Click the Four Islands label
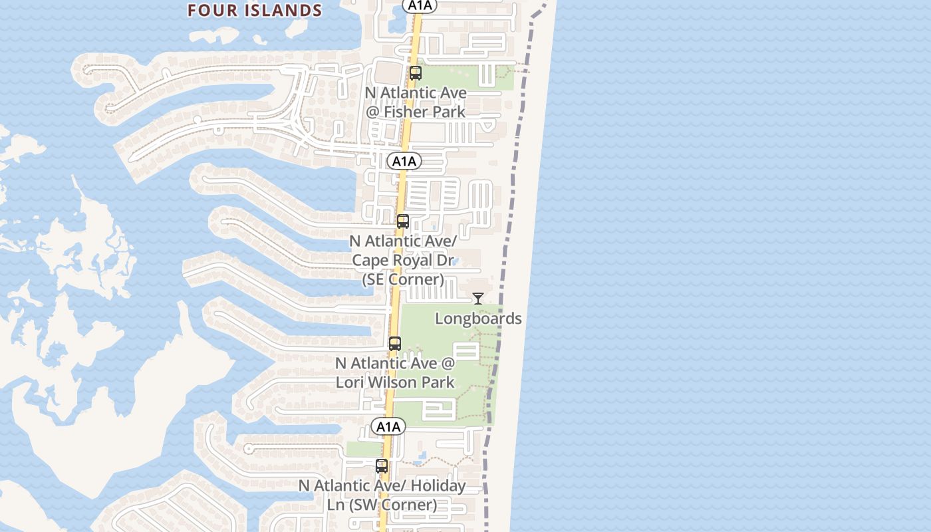point(255,11)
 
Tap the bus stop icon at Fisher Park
point(416,73)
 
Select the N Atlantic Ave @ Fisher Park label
point(416,102)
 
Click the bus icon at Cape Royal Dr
point(402,221)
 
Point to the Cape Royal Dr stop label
point(403,259)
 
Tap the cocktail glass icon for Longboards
point(477,298)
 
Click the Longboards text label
point(478,319)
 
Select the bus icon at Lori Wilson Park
point(394,344)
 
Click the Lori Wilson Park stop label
point(395,372)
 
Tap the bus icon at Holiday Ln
point(381,466)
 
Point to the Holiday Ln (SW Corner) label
point(382,495)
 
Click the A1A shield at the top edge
point(420,5)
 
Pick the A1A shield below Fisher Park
point(404,161)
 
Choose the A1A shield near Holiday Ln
point(388,426)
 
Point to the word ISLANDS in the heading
point(288,11)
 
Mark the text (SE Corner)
point(403,279)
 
